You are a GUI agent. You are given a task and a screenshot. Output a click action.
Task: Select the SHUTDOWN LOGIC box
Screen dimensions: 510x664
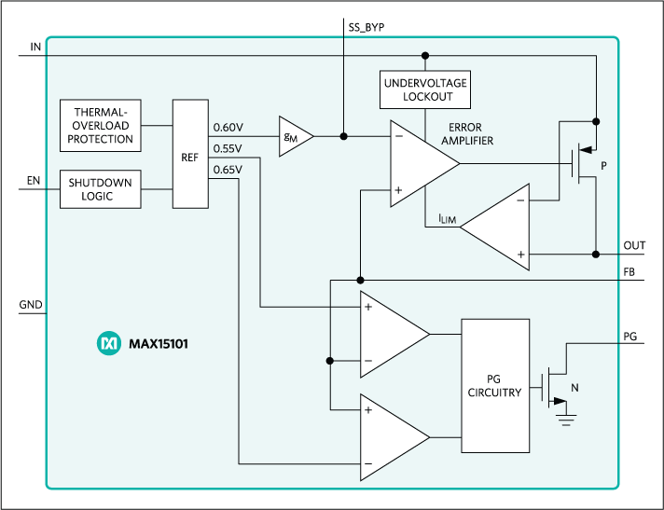coord(100,189)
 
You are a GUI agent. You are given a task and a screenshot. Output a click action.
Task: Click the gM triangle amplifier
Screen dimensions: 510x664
coord(291,136)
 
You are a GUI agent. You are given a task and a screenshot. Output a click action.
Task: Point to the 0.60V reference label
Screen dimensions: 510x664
coord(228,127)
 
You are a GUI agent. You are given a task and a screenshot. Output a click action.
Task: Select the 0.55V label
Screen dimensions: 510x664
coord(228,148)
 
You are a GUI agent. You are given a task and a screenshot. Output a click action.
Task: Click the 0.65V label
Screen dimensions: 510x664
coord(228,169)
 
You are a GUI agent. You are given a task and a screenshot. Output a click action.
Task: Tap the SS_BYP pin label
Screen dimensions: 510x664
coord(360,28)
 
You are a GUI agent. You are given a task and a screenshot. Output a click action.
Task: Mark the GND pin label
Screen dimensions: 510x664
coord(30,304)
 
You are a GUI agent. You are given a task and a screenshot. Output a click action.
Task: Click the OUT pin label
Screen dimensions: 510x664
coord(634,245)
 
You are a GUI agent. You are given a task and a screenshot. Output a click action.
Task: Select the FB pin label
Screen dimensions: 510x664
coord(630,272)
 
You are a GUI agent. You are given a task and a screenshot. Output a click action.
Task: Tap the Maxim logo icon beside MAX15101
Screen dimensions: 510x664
coord(109,344)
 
